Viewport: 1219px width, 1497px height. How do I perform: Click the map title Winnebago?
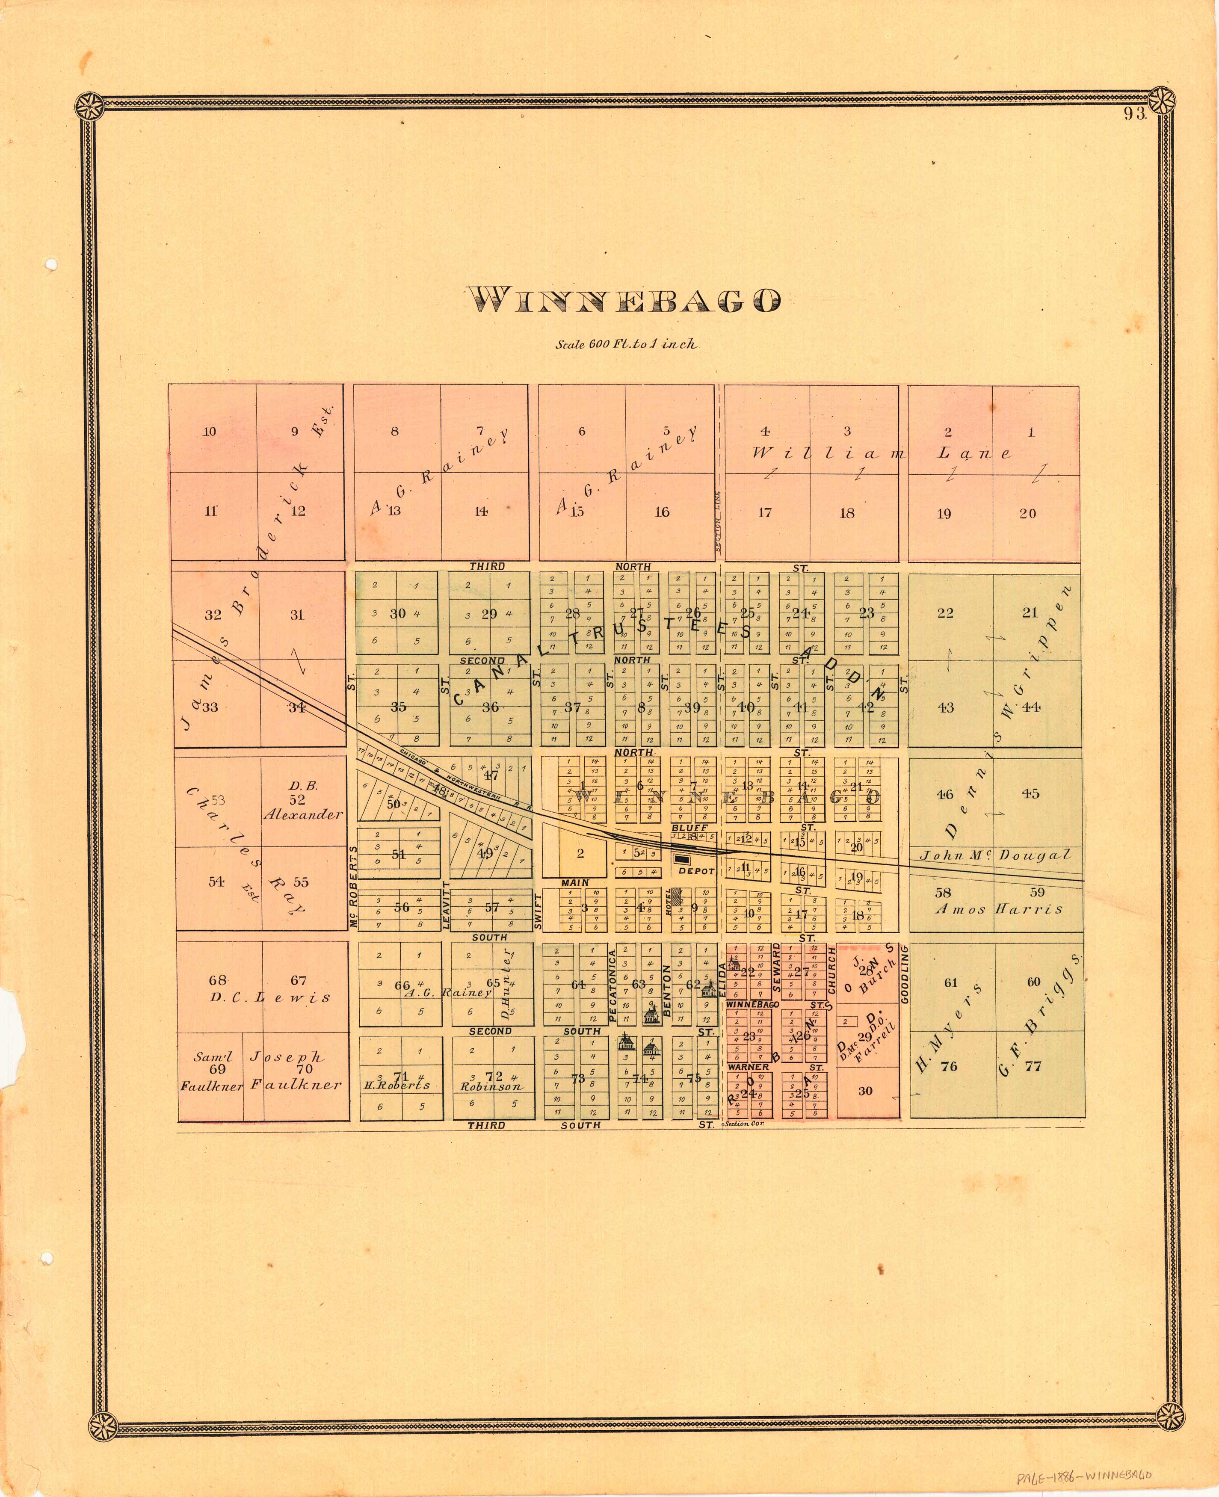(x=624, y=301)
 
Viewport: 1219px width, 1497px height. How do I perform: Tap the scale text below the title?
(x=626, y=345)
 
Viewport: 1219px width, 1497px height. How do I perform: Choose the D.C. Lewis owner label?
(x=269, y=998)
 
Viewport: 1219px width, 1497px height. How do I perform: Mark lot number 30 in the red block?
(x=865, y=1090)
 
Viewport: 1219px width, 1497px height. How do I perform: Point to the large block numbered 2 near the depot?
(x=580, y=853)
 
